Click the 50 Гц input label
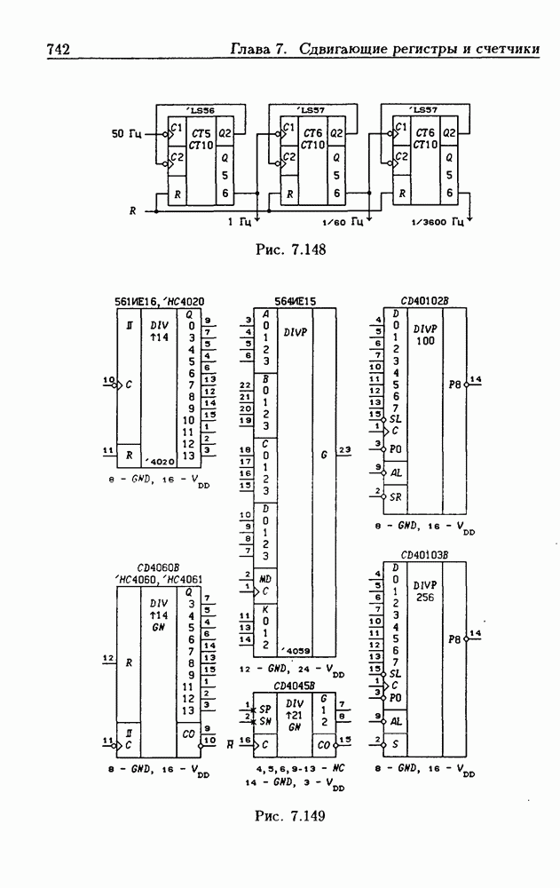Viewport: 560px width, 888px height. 125,134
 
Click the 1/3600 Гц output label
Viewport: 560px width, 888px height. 439,221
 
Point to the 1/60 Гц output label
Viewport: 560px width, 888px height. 343,221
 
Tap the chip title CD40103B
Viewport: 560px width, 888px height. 424,555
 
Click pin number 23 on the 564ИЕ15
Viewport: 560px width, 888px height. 344,450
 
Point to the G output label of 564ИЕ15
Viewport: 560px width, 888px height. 324,454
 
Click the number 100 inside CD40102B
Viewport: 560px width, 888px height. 424,340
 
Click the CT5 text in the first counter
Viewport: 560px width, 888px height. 201,132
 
